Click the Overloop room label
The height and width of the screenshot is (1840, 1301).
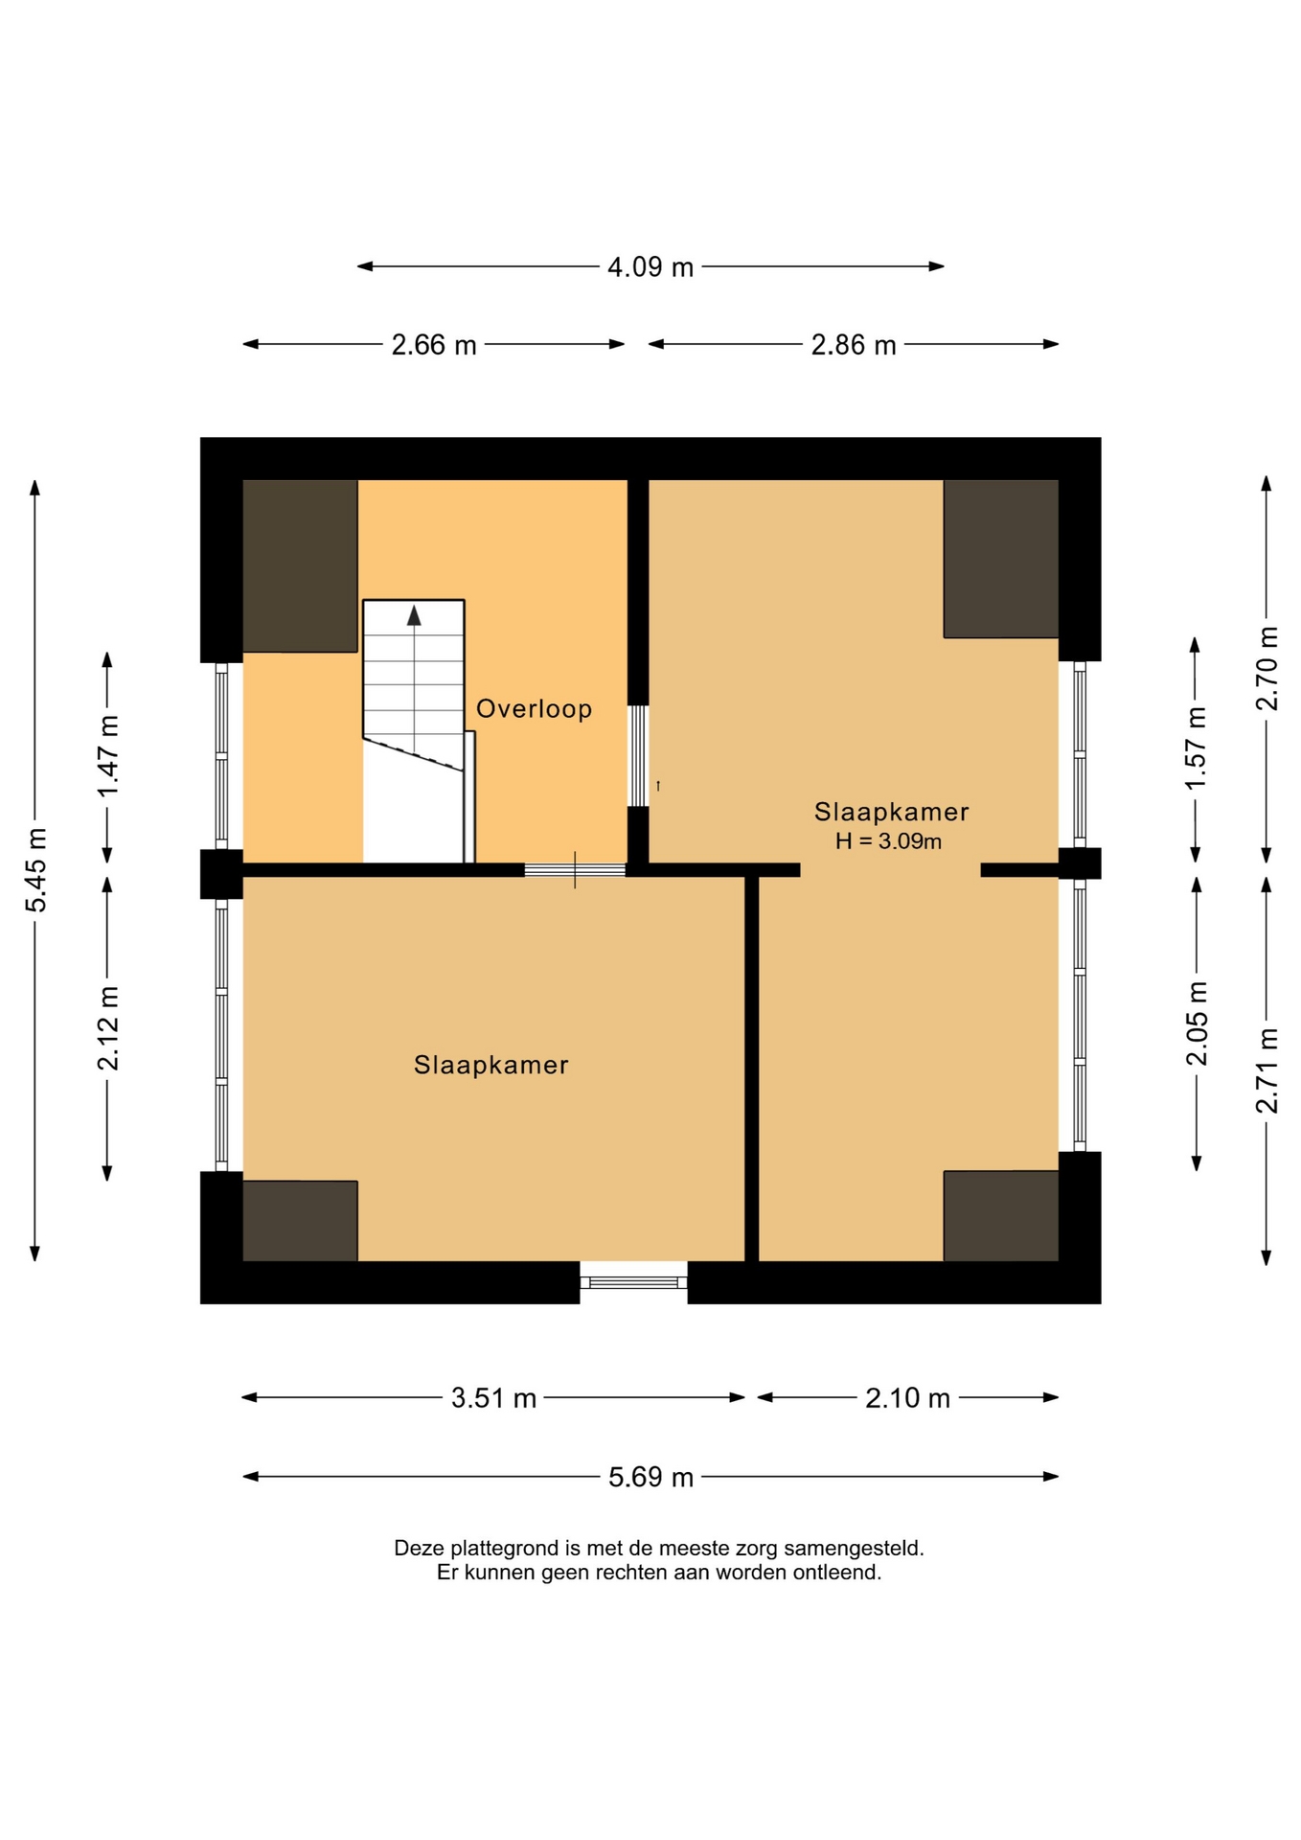pyautogui.click(x=534, y=709)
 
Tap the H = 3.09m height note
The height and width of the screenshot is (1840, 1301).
pyautogui.click(x=888, y=841)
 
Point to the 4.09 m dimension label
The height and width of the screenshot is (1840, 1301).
pyautogui.click(x=650, y=267)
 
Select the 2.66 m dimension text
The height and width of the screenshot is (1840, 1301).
pyautogui.click(x=434, y=345)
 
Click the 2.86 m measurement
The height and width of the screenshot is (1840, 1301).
pyautogui.click(x=854, y=345)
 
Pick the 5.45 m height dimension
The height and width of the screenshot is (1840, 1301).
pyautogui.click(x=35, y=870)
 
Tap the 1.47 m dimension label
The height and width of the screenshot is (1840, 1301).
pyautogui.click(x=107, y=756)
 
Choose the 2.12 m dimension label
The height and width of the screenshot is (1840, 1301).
pyautogui.click(x=107, y=1027)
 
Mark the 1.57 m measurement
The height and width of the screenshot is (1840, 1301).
pyautogui.click(x=1196, y=748)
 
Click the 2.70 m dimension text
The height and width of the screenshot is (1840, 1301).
pyautogui.click(x=1267, y=669)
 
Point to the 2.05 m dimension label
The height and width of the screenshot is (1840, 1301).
pyautogui.click(x=1197, y=1023)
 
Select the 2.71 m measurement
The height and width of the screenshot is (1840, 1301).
pyautogui.click(x=1267, y=1070)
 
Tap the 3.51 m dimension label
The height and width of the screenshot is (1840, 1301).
pyautogui.click(x=493, y=1398)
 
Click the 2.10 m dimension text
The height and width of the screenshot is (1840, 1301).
pyautogui.click(x=907, y=1398)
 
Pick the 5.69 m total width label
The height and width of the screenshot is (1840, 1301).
pyautogui.click(x=650, y=1477)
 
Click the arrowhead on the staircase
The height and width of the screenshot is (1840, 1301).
pyautogui.click(x=414, y=615)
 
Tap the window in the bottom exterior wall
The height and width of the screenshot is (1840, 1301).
pyautogui.click(x=633, y=1282)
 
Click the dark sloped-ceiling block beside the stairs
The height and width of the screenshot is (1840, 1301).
pyautogui.click(x=300, y=565)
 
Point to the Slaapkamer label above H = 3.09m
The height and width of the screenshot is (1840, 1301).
pyautogui.click(x=891, y=812)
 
